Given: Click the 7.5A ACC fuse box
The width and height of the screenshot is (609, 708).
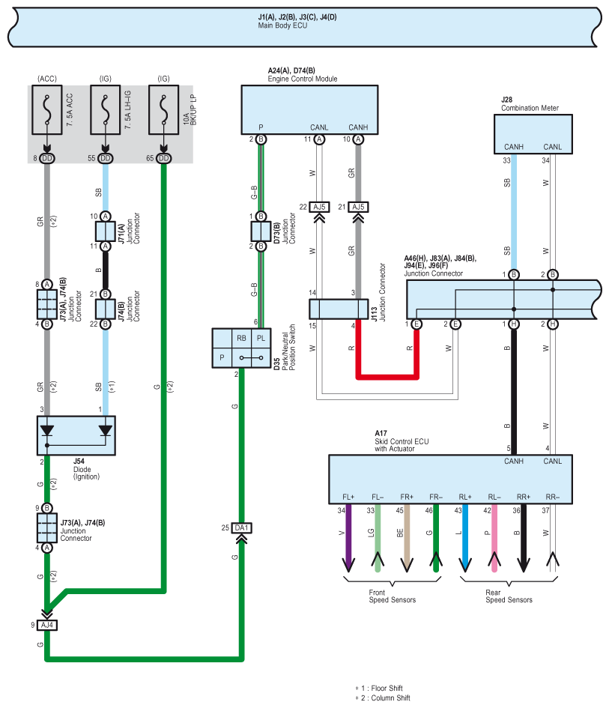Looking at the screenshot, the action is point(47,109).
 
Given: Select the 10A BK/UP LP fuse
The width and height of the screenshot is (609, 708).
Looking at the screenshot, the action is point(163,109).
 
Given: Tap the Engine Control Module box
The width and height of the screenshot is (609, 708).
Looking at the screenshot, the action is point(309,109).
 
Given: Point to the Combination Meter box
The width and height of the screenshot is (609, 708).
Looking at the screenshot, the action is point(533,134).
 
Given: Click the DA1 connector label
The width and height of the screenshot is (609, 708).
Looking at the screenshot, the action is point(241,528).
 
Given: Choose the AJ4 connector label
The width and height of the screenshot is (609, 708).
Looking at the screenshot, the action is point(47,625).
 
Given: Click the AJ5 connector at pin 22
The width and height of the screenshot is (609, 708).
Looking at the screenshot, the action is point(319,207).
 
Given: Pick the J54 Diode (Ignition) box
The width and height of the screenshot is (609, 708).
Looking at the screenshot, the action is point(76,435).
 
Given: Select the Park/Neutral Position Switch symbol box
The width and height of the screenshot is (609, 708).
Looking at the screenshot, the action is point(241,348).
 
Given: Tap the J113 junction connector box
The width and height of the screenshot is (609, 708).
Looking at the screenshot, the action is point(339,309).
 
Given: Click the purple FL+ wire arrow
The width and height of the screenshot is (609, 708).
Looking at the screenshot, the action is point(348,538).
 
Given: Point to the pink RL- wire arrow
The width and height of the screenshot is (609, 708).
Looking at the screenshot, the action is point(494,538).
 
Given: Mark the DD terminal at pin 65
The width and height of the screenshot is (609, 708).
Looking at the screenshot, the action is point(163,158).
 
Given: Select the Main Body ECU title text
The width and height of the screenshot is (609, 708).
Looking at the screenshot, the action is point(282,25).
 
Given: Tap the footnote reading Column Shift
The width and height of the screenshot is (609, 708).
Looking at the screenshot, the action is point(390,698).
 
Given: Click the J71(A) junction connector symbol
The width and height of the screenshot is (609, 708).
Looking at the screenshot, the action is point(105,232).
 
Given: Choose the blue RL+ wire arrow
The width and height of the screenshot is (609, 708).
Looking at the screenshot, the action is point(465,538).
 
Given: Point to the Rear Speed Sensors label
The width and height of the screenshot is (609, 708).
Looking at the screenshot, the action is point(509,596).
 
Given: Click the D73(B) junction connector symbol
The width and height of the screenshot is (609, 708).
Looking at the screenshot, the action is point(261,232).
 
